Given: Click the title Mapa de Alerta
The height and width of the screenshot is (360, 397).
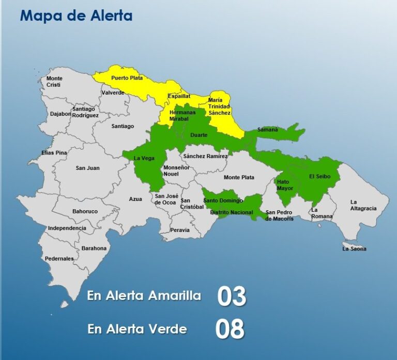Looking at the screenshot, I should click(76, 15).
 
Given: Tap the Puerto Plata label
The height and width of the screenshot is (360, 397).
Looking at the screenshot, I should click(127, 77).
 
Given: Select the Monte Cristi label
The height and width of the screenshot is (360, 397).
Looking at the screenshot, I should click(55, 82).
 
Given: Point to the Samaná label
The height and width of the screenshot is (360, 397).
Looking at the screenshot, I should click(268, 130).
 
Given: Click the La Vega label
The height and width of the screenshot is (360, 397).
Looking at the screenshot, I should click(144, 158).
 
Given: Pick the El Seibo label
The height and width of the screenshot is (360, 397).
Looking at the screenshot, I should click(319, 176).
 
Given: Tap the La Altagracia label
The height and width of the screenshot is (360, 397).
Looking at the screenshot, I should click(363, 205).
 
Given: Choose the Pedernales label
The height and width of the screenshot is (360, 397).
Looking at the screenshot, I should click(59, 258).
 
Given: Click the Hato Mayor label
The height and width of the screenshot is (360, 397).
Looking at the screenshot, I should click(284, 185).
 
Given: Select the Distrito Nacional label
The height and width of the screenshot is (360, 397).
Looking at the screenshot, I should click(232, 212).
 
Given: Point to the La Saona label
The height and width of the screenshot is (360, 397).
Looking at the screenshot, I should click(354, 248).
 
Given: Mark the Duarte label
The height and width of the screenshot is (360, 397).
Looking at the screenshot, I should click(199, 135).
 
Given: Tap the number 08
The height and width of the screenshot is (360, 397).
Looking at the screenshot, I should click(230, 329).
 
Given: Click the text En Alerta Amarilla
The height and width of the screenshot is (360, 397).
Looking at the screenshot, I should click(144, 296).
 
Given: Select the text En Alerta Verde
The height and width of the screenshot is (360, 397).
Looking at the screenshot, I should click(137, 328).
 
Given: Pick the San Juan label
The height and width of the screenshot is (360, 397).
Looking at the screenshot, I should click(88, 168).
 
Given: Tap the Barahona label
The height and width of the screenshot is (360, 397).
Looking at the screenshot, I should click(94, 248).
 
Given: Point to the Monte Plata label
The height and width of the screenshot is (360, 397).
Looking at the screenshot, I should click(239, 177).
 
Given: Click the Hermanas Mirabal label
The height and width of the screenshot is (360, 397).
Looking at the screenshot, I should click(182, 116).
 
